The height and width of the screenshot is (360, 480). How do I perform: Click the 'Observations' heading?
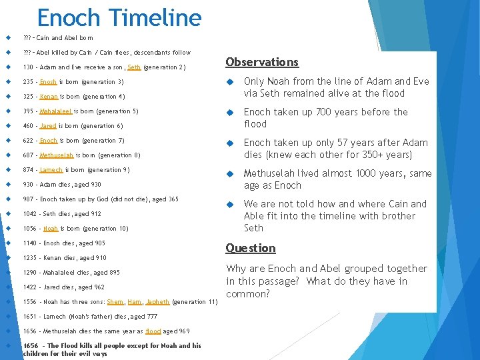click(x=261, y=62)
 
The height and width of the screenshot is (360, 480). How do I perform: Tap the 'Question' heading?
click(x=250, y=248)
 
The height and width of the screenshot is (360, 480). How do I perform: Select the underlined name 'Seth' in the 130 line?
click(x=133, y=67)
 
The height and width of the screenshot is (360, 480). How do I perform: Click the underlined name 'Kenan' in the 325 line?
click(x=49, y=97)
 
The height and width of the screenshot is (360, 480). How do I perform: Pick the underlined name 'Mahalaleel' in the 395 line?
click(x=55, y=111)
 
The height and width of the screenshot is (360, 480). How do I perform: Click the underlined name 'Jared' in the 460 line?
click(x=48, y=126)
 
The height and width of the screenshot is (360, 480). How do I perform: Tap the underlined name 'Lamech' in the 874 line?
click(x=51, y=170)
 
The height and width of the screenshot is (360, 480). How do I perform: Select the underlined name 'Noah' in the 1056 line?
click(x=50, y=229)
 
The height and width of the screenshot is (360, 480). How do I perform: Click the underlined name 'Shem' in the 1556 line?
click(x=115, y=302)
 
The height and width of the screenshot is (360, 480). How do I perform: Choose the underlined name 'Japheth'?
click(x=157, y=302)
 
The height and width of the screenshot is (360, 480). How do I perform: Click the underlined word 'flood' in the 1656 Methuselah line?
click(x=153, y=331)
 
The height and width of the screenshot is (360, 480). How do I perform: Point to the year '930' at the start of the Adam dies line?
click(x=28, y=185)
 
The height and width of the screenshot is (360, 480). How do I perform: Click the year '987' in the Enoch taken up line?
click(x=28, y=199)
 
